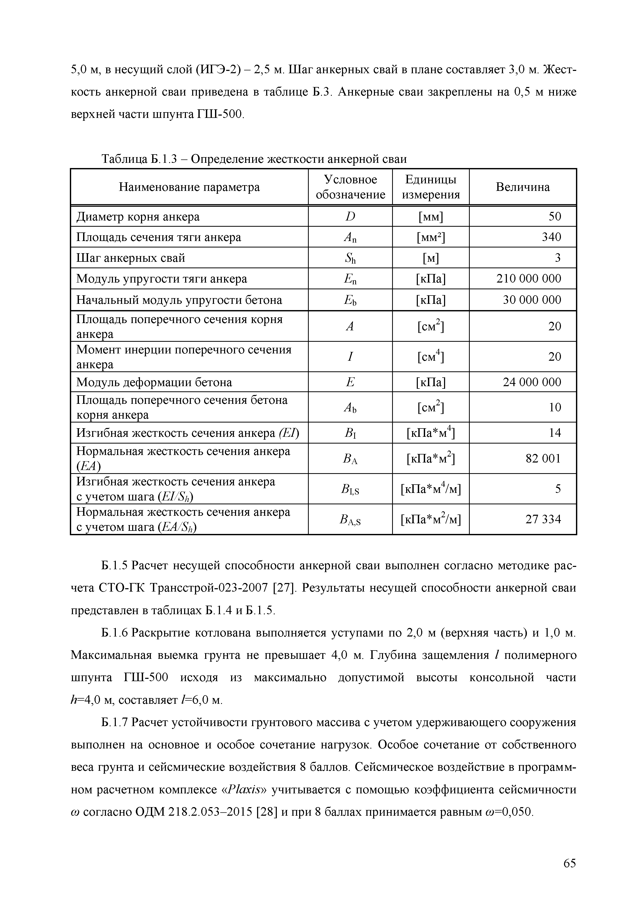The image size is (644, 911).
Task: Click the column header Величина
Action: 522,187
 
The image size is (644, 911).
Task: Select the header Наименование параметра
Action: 189,187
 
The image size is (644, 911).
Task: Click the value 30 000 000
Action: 532,300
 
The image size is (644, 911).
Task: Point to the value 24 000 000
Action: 532,382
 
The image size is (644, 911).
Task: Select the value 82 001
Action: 543,458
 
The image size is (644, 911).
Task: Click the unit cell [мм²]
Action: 431,237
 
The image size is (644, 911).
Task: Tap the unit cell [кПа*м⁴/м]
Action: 431,489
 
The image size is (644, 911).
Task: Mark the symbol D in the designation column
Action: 350,217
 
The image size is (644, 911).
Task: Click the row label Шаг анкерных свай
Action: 131,258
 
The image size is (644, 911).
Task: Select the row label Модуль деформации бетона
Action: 154,382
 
